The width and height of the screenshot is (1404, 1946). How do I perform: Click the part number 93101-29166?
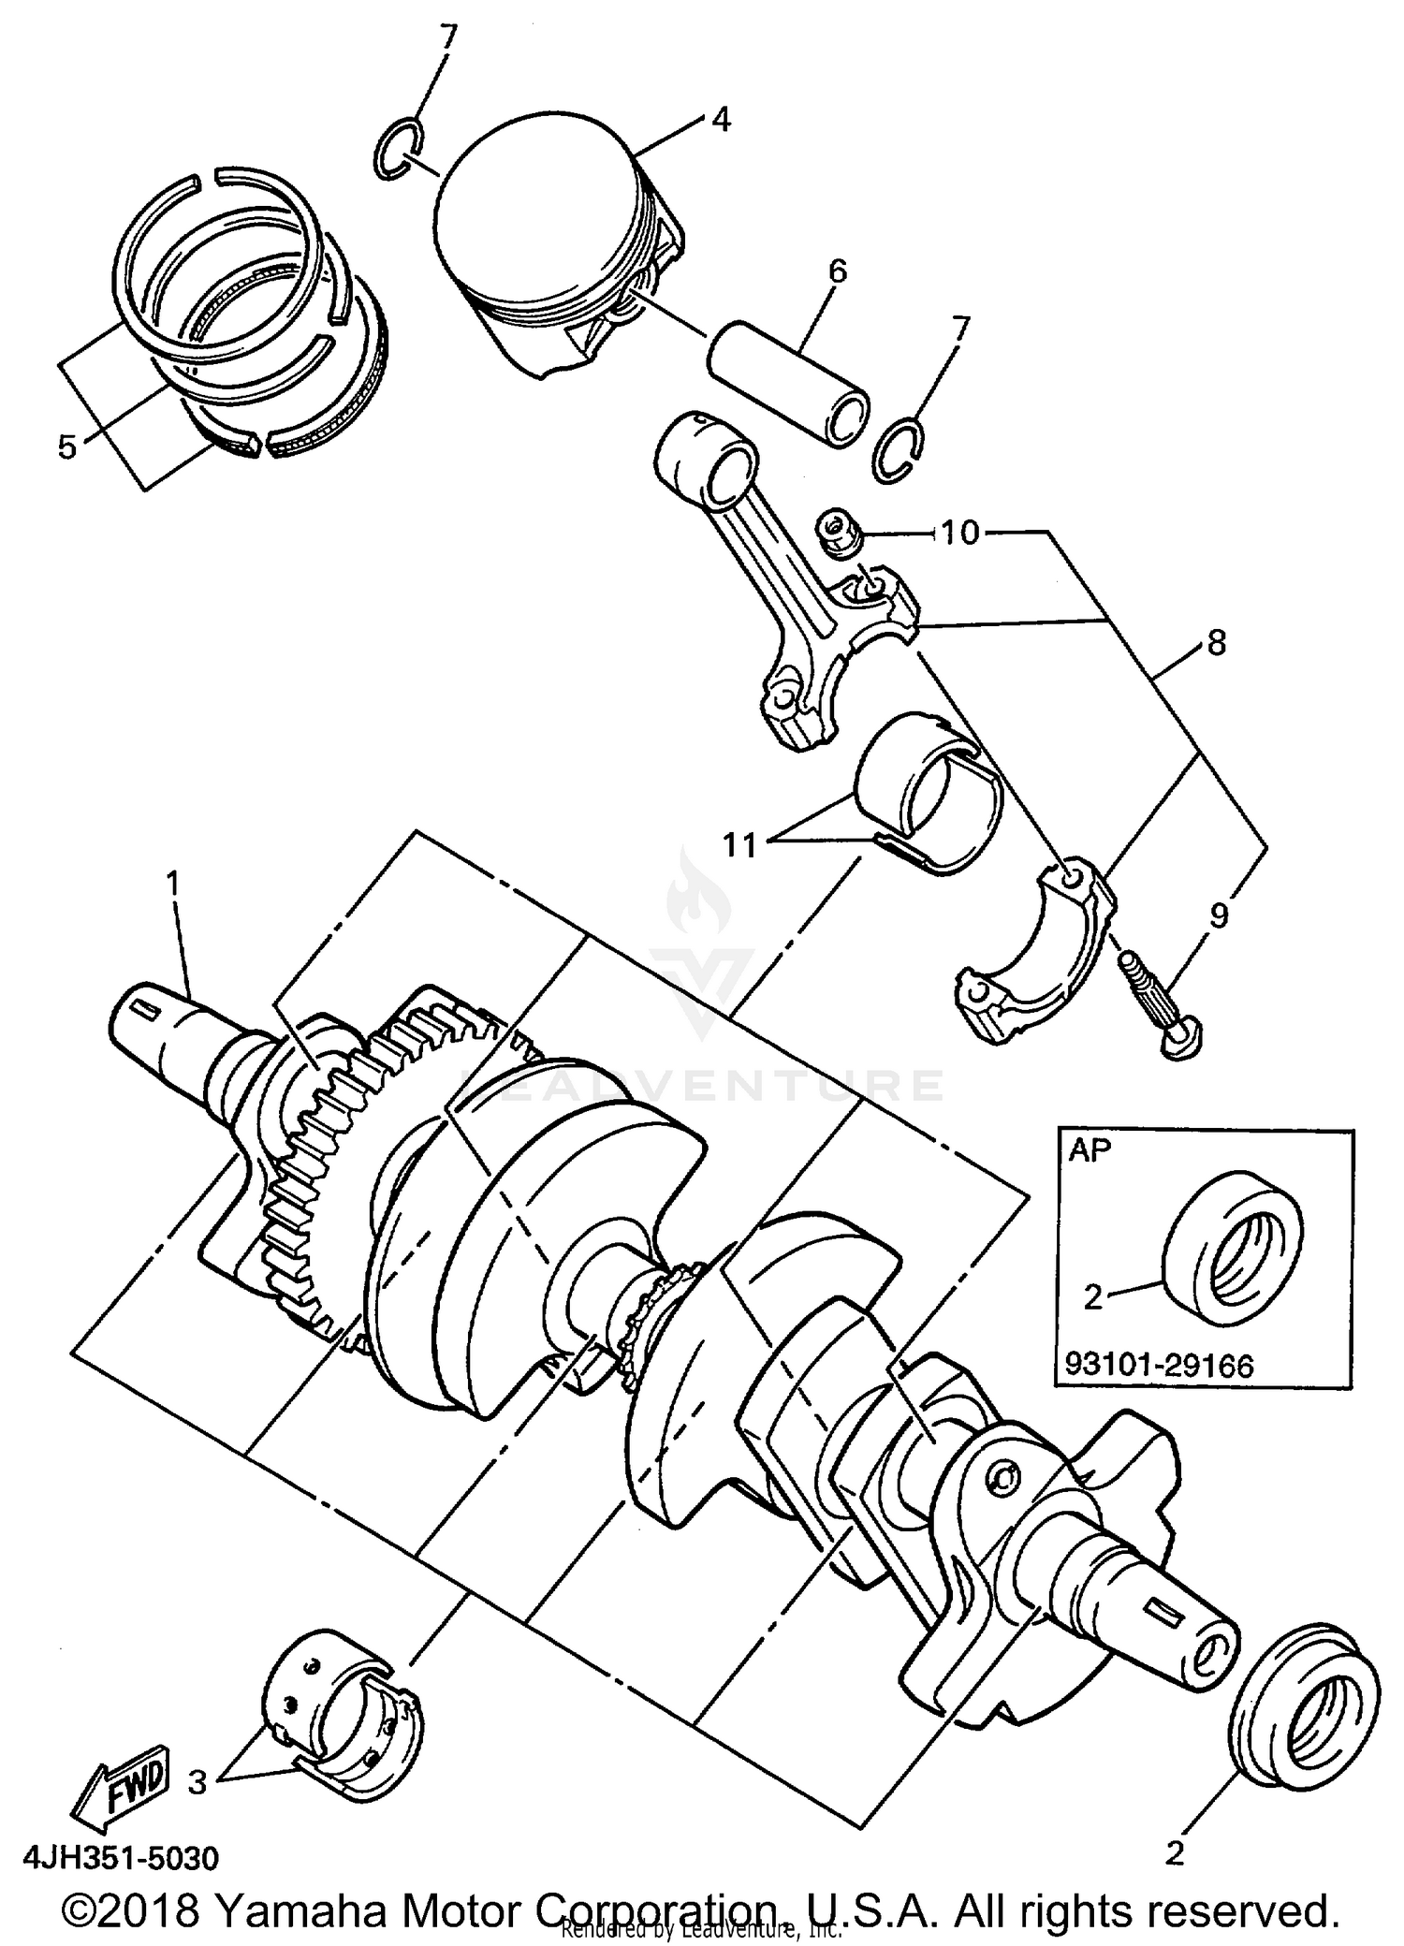pyautogui.click(x=1159, y=1366)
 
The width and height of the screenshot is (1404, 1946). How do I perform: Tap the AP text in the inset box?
pyautogui.click(x=1089, y=1150)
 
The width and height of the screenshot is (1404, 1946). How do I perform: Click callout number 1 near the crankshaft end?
pyautogui.click(x=173, y=882)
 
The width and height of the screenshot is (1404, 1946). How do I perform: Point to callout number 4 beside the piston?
pyautogui.click(x=720, y=120)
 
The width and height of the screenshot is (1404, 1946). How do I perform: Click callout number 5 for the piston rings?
pyautogui.click(x=66, y=447)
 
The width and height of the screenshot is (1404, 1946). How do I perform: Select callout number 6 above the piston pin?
pyautogui.click(x=837, y=271)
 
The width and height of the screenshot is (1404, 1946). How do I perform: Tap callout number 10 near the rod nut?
pyautogui.click(x=959, y=533)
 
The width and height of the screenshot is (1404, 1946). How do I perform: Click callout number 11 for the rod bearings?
pyautogui.click(x=739, y=845)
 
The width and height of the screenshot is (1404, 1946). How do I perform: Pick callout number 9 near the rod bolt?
pyautogui.click(x=1218, y=915)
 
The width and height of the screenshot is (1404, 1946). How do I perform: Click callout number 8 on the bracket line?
pyautogui.click(x=1216, y=643)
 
